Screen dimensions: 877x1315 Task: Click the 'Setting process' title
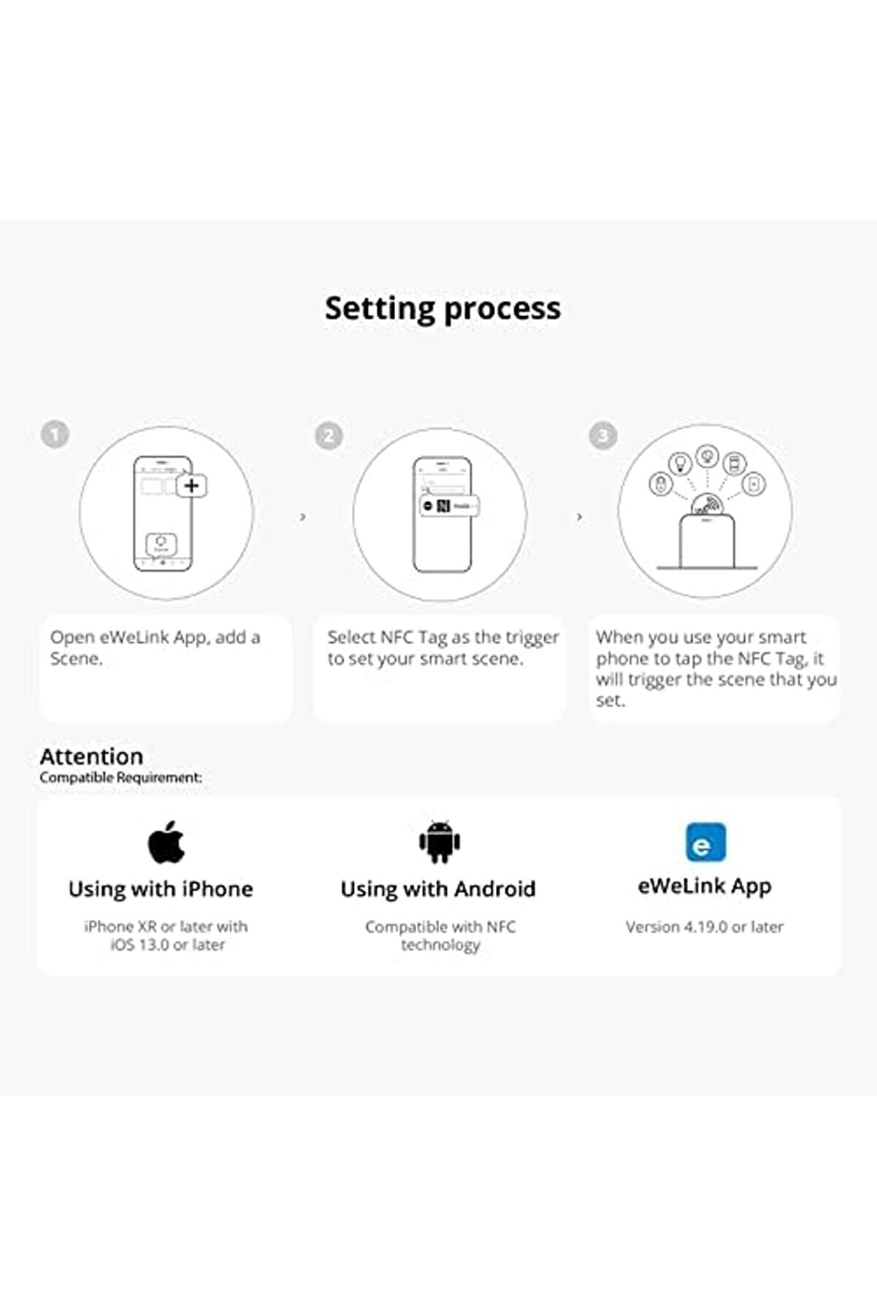443,309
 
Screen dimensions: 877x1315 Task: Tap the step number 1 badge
55,434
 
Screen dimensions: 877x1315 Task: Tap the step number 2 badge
329,436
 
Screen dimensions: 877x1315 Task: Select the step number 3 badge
603,435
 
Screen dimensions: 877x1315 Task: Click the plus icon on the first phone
192,486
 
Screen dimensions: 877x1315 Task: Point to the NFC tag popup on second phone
449,506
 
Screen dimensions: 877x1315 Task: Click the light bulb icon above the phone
681,463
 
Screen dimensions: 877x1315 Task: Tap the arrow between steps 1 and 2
303,517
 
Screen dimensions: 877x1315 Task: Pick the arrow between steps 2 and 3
580,517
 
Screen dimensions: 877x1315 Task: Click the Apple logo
166,842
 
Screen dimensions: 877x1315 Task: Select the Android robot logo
440,842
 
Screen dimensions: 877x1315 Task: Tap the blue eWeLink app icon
705,843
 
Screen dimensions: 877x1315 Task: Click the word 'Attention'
91,756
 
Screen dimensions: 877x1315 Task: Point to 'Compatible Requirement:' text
120,778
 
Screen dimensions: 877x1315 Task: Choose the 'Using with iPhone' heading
161,889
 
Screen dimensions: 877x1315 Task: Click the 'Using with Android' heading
438,889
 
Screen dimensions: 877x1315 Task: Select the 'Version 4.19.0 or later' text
705,927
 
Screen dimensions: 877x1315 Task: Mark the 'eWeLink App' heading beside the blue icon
705,886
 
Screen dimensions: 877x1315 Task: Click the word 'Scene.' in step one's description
76,659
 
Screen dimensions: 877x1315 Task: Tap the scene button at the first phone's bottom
161,543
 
